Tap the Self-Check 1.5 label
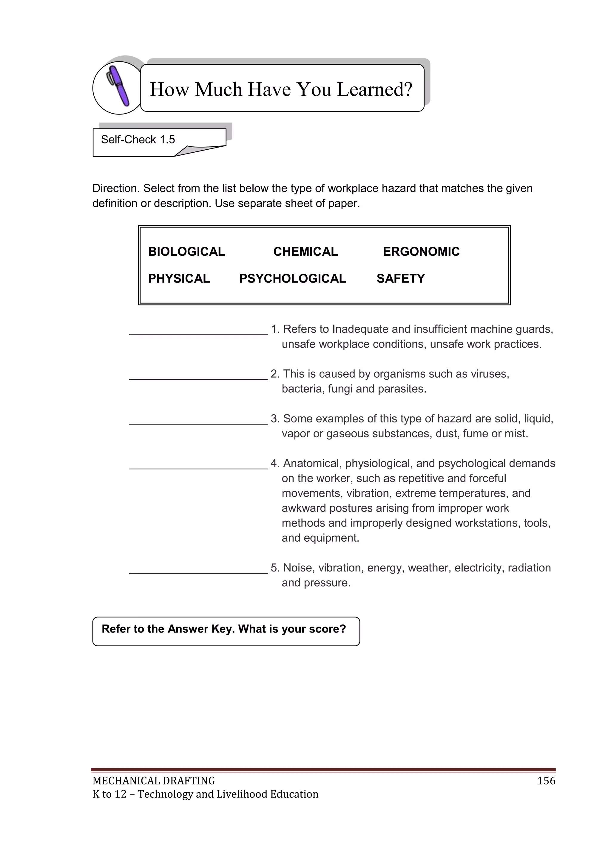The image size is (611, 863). pyautogui.click(x=138, y=140)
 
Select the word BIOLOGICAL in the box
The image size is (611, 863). pyautogui.click(x=186, y=252)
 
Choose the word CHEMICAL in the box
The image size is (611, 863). pyautogui.click(x=305, y=252)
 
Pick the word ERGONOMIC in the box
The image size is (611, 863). pyautogui.click(x=421, y=252)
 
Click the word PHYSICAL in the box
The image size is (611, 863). pyautogui.click(x=179, y=278)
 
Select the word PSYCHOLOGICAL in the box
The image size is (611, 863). pyautogui.click(x=292, y=278)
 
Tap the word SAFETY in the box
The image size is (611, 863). pyautogui.click(x=400, y=278)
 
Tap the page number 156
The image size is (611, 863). pyautogui.click(x=546, y=781)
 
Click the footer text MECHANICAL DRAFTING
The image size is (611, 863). pyautogui.click(x=154, y=781)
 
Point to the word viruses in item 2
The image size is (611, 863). pyautogui.click(x=490, y=374)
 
